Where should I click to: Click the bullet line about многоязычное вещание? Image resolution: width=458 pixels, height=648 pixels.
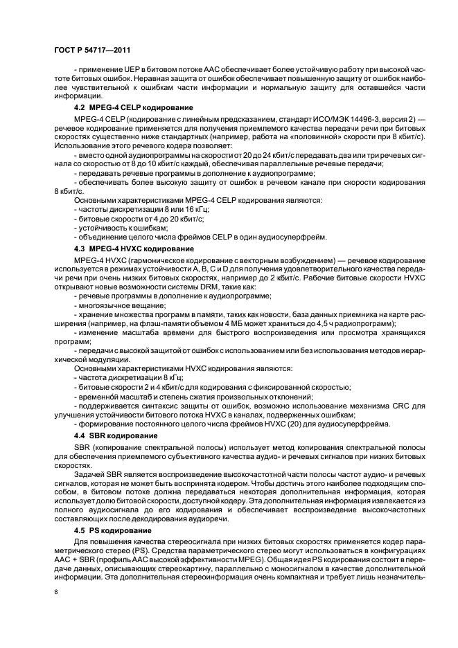pos(114,305)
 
